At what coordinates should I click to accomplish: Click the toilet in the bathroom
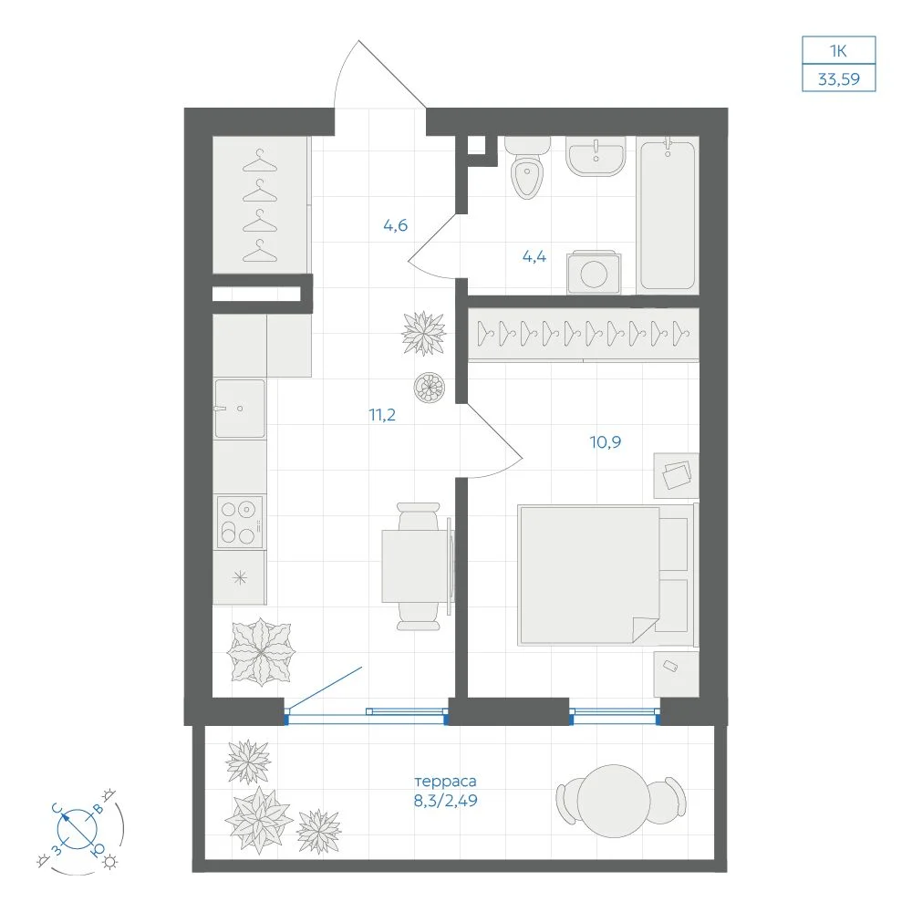[x=527, y=168]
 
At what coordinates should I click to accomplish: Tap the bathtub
[x=668, y=214]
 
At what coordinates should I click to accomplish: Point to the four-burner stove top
[x=240, y=523]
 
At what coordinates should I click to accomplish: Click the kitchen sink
[x=240, y=409]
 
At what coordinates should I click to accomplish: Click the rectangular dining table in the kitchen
[x=416, y=566]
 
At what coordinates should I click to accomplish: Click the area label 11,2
[x=382, y=415]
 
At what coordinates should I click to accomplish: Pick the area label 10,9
[x=606, y=442]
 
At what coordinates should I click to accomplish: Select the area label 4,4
[x=534, y=256]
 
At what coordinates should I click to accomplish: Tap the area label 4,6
[x=396, y=225]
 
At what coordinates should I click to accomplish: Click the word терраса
[x=446, y=782]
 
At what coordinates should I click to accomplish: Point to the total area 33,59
[x=839, y=78]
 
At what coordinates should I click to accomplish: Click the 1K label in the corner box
[x=838, y=51]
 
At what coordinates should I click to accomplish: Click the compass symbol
[x=78, y=829]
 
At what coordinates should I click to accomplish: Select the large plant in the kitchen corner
[x=260, y=651]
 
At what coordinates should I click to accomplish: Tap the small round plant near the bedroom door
[x=430, y=387]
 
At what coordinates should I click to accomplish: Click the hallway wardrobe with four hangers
[x=260, y=204]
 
